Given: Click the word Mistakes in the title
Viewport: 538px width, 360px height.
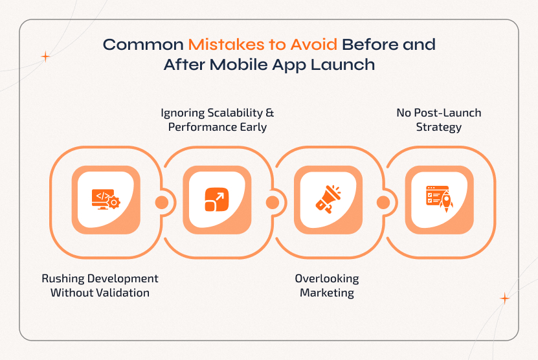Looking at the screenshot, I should (x=220, y=45).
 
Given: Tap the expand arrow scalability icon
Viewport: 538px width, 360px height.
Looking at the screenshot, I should (x=216, y=199).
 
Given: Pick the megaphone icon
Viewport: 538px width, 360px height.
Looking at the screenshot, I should (x=328, y=199).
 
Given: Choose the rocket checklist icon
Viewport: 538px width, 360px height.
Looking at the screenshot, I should (x=438, y=199).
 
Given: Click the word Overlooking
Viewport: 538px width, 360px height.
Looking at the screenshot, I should (x=326, y=278).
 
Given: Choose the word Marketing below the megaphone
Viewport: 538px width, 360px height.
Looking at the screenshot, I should (x=326, y=293).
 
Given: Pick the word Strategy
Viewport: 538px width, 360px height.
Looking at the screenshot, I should (x=438, y=127).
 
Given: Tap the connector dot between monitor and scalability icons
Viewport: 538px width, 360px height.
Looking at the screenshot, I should (x=161, y=203).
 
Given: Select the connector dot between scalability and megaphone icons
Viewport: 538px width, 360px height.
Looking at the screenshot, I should (x=272, y=203).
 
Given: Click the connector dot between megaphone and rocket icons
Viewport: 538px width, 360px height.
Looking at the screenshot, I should (x=383, y=203).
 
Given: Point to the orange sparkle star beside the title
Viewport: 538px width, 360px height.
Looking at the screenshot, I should (x=45, y=57).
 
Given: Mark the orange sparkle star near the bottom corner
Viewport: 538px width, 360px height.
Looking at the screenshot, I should (x=504, y=298).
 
